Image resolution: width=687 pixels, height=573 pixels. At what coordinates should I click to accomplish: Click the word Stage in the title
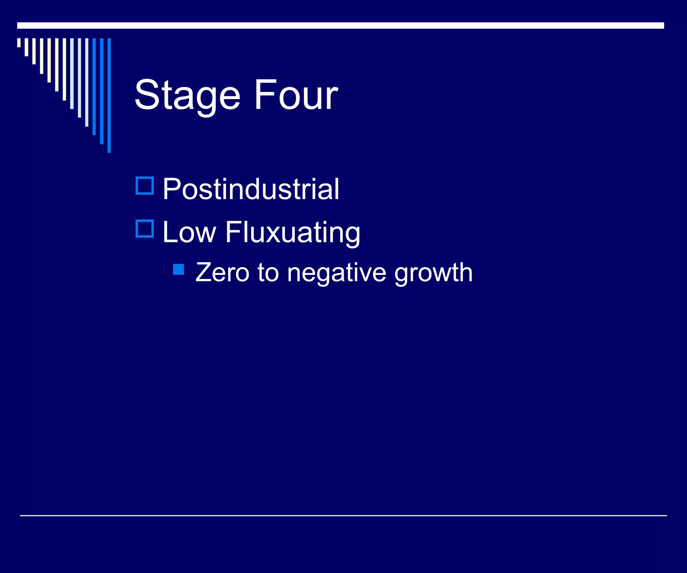[187, 95]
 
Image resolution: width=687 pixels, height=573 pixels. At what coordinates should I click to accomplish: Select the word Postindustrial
[251, 189]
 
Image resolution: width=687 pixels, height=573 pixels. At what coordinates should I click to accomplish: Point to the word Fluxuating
[293, 233]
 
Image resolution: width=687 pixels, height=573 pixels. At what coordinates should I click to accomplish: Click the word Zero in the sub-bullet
[222, 272]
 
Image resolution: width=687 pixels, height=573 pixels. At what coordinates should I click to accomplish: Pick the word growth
[433, 273]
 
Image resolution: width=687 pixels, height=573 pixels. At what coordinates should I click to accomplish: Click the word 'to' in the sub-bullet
[268, 272]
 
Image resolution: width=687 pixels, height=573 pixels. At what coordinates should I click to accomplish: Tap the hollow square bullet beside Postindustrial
[145, 186]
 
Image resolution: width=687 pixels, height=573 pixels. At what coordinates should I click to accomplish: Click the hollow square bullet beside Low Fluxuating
[145, 229]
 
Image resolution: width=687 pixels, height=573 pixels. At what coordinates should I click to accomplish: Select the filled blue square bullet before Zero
[178, 269]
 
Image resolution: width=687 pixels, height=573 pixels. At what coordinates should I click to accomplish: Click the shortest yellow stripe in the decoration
[19, 43]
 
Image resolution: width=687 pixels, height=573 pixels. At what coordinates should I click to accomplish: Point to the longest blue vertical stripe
[109, 95]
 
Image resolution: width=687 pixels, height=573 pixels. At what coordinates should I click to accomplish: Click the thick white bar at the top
[340, 26]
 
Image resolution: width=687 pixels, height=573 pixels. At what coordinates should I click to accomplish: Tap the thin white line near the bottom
[343, 515]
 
